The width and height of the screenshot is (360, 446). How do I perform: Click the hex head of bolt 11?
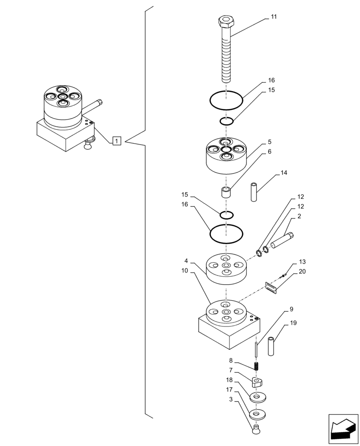tap(226, 21)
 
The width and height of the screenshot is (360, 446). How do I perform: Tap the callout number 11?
tap(274, 17)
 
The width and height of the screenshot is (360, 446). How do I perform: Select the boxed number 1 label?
tap(116, 141)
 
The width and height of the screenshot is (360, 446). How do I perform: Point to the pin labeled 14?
tap(254, 192)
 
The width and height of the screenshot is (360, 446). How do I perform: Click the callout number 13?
tap(302, 262)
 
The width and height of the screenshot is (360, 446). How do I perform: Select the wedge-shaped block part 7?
tap(256, 382)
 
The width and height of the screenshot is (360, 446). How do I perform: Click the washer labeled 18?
tap(257, 396)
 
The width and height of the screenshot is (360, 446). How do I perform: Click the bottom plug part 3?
tap(256, 430)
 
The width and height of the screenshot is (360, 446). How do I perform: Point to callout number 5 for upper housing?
tap(270, 142)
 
